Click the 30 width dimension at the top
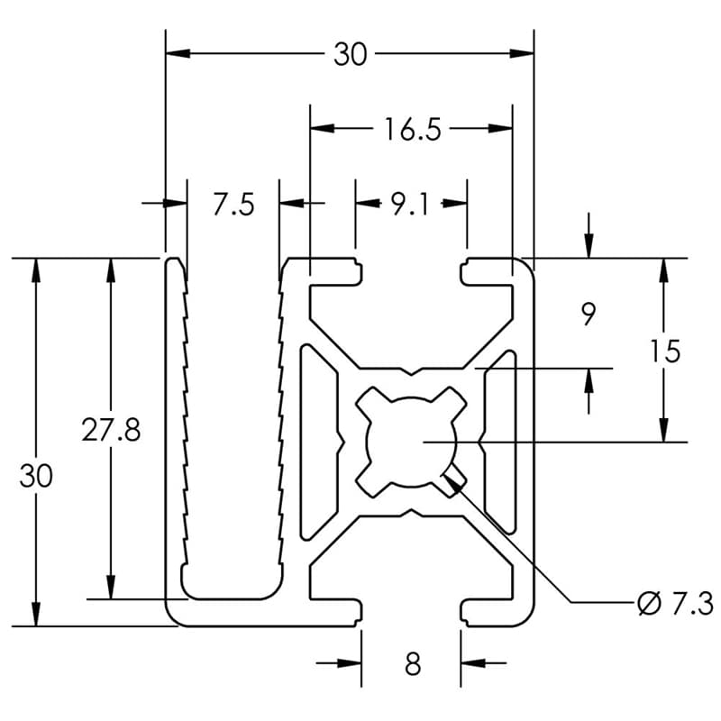click(351, 54)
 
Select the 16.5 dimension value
click(412, 130)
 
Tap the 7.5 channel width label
click(233, 205)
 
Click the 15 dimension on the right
click(665, 351)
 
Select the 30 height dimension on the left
click(36, 476)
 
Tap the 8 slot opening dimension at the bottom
click(413, 665)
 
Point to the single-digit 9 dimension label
click(589, 315)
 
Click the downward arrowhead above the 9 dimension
click(589, 246)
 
